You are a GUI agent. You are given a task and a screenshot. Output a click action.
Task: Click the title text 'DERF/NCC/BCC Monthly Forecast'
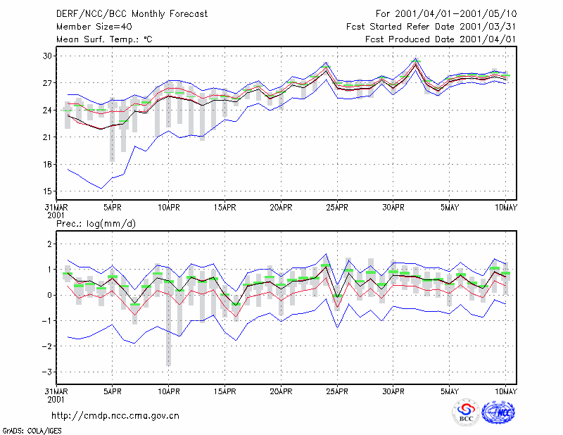tap(132, 14)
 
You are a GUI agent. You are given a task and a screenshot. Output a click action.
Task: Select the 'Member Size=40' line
tap(94, 27)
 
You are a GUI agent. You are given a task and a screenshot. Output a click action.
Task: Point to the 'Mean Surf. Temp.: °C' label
tap(104, 39)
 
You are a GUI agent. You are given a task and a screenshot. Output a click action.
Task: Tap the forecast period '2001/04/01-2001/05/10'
tap(455, 14)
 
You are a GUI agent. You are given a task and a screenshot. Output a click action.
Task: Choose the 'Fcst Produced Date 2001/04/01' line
tap(441, 39)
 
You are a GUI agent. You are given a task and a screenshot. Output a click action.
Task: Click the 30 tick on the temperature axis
tap(47, 56)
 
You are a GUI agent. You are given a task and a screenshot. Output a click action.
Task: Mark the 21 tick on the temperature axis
tap(47, 137)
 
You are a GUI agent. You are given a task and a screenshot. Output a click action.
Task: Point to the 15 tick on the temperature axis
tap(47, 191)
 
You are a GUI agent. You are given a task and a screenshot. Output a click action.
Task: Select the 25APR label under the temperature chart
tap(337, 207)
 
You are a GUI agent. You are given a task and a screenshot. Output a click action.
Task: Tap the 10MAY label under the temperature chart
tap(506, 207)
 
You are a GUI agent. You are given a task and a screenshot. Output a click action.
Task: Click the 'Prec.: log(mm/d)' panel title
tap(96, 224)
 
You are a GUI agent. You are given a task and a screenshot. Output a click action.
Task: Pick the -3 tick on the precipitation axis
tap(46, 372)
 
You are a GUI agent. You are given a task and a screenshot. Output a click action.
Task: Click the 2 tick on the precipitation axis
tap(49, 244)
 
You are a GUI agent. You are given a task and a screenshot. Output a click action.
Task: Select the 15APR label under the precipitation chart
tap(224, 391)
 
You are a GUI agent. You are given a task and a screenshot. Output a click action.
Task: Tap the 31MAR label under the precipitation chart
tap(56, 391)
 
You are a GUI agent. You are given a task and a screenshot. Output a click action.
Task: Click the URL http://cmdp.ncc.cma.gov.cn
tap(115, 415)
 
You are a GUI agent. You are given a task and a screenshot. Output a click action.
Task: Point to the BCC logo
tap(466, 413)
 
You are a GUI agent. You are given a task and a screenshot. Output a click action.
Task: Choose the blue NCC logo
tap(498, 412)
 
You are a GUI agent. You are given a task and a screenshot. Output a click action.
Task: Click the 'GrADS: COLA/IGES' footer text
tap(32, 431)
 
